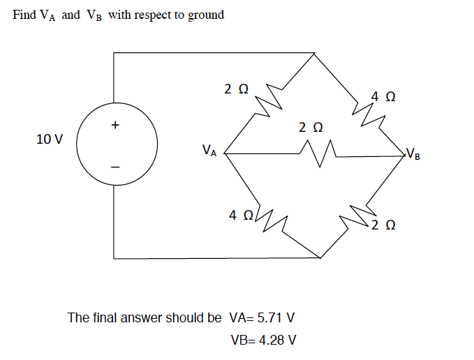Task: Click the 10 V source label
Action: pos(48,139)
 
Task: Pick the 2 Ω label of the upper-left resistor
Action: pos(236,89)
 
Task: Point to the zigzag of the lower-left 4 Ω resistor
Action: pos(269,219)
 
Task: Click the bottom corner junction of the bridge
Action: pos(319,257)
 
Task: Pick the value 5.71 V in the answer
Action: pos(276,318)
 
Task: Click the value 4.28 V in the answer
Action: pos(276,340)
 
